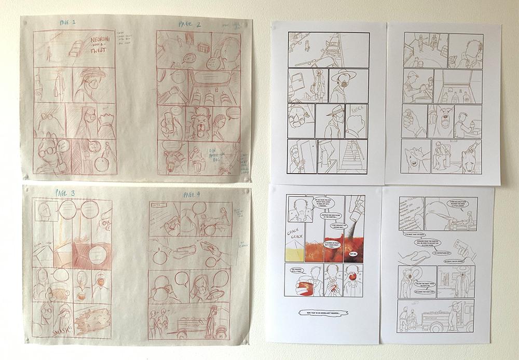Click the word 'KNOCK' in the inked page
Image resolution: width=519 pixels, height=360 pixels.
pyautogui.click(x=358, y=112)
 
